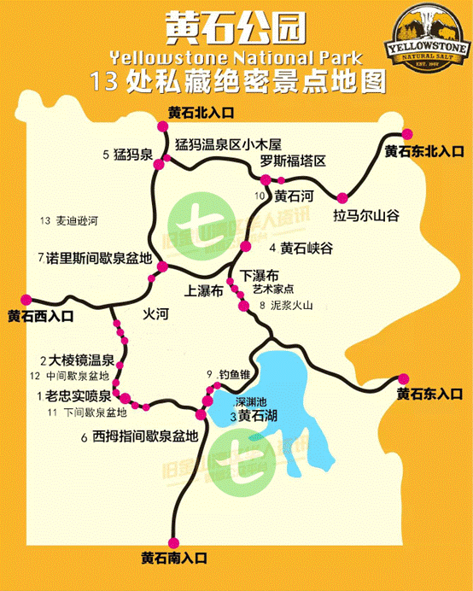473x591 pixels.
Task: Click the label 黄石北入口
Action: click(201, 113)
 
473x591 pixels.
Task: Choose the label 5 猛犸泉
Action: click(127, 155)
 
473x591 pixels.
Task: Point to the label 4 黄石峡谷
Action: click(300, 248)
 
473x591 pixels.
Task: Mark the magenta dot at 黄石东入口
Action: click(406, 377)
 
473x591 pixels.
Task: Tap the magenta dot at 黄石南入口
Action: click(175, 541)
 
